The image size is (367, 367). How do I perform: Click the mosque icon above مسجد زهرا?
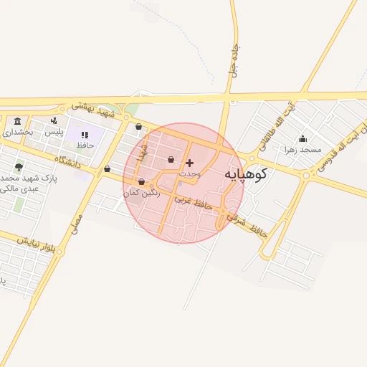303,138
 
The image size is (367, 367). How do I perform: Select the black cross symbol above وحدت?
189,163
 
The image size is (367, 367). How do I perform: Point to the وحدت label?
189,173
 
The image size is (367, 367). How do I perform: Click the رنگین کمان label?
140,193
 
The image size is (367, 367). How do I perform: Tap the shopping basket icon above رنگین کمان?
141,181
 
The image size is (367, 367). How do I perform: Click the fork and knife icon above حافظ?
85,134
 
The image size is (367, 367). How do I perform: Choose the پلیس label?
54,132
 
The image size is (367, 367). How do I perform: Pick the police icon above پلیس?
54,120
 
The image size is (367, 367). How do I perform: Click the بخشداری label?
18,132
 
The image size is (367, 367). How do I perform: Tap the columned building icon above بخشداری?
18,120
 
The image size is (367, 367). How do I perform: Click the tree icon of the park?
19,166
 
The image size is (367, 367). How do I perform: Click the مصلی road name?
77,224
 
